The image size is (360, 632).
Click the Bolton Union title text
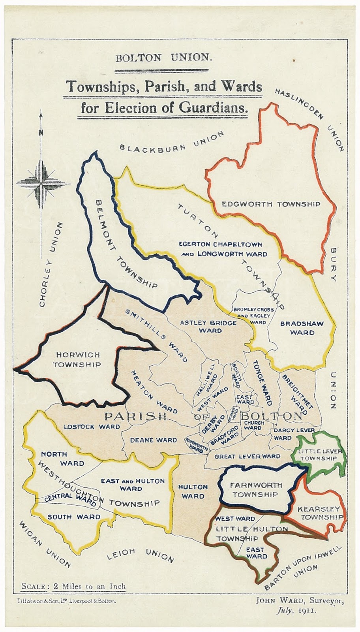pos(163,58)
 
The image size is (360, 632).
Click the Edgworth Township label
pos(271,204)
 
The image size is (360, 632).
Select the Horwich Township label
pos(77,360)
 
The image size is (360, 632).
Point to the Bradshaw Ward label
pos(302,328)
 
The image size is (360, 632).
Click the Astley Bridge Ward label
pos(208,326)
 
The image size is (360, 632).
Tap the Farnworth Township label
pos(256,490)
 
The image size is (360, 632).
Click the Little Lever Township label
pos(319,455)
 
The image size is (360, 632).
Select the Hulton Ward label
pos(193,491)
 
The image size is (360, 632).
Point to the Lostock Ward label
pos(92,427)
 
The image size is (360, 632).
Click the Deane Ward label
pos(154,440)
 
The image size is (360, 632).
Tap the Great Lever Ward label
pos(247,456)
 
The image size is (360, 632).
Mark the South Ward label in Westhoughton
pos(74,517)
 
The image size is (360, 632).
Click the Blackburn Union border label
pos(171,143)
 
